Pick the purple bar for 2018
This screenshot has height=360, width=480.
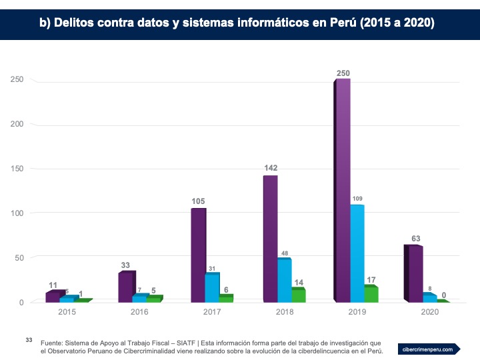pyautogui.click(x=270, y=239)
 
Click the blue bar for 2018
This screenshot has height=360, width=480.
pyautogui.click(x=285, y=280)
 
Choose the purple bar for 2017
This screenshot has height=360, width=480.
pyautogui.click(x=198, y=255)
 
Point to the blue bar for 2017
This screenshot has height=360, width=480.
pyautogui.click(x=212, y=288)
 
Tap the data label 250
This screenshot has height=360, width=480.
pyautogui.click(x=343, y=73)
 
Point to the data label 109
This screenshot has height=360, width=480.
pyautogui.click(x=357, y=199)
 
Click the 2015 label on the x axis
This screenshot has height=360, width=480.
pyautogui.click(x=67, y=311)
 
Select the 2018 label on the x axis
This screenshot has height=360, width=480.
pyautogui.click(x=284, y=311)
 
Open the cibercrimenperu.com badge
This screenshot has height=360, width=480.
pyautogui.click(x=429, y=349)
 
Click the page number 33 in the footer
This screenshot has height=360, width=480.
pyautogui.click(x=29, y=340)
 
